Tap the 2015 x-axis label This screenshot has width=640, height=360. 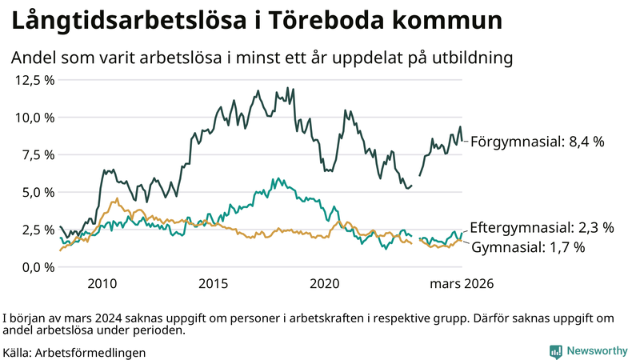[x=214, y=284]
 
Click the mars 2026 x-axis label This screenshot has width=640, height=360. [x=462, y=284]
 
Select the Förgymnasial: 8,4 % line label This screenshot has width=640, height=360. [x=537, y=142]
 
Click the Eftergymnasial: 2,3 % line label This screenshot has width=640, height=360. [x=542, y=228]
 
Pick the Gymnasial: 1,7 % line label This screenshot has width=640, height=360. [x=528, y=247]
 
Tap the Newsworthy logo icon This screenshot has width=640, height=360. [x=555, y=351]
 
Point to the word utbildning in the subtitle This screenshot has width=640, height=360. [x=469, y=58]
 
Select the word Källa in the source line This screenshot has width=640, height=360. [x=17, y=352]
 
